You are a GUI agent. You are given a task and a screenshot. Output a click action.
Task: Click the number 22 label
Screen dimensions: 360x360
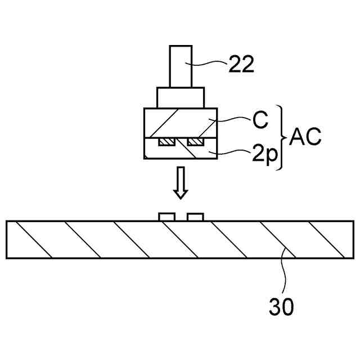(241, 64)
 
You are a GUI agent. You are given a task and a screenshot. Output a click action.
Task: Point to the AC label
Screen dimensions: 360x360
(305, 137)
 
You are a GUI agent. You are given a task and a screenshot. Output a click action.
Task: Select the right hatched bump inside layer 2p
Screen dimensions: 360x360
(195, 142)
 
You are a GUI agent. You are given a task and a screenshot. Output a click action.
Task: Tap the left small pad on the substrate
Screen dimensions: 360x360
(166, 217)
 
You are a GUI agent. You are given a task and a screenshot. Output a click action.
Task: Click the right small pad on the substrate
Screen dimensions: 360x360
(195, 217)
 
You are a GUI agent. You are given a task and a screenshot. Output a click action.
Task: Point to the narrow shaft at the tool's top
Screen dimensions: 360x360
(180, 66)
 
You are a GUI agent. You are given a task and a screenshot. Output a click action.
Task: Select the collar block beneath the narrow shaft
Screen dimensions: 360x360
(180, 97)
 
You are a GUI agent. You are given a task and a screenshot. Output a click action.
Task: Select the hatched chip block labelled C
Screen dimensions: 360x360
(180, 122)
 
